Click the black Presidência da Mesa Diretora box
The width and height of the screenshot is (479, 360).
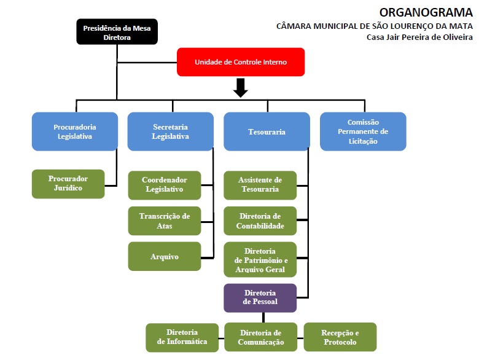tap(117, 31)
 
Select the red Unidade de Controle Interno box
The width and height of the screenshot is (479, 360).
tap(241, 62)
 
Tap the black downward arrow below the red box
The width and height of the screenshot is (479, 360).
tap(241, 88)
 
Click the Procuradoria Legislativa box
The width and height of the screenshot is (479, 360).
tap(75, 131)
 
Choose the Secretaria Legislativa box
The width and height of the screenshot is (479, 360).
tap(170, 131)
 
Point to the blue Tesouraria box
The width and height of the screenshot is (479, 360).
tap(267, 131)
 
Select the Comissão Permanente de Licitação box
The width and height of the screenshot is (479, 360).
tap(363, 131)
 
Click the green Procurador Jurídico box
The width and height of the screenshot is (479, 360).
tap(68, 184)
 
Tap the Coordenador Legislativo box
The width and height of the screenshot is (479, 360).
tap(164, 185)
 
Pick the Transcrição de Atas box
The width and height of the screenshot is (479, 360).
tap(164, 221)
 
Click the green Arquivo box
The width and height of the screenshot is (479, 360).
tap(164, 256)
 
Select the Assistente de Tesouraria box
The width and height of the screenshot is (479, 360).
tap(260, 185)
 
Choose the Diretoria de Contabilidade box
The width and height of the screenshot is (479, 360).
tap(260, 221)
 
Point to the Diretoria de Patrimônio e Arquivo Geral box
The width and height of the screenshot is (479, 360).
tap(260, 260)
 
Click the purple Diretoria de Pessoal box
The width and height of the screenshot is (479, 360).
tap(260, 297)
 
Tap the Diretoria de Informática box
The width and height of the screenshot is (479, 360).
tap(182, 337)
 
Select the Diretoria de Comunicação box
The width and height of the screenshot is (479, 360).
tap(260, 337)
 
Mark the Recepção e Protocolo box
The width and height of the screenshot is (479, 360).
tap(340, 337)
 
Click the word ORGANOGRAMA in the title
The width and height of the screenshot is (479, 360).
tap(426, 12)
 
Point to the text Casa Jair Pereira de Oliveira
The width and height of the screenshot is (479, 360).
tap(419, 37)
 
